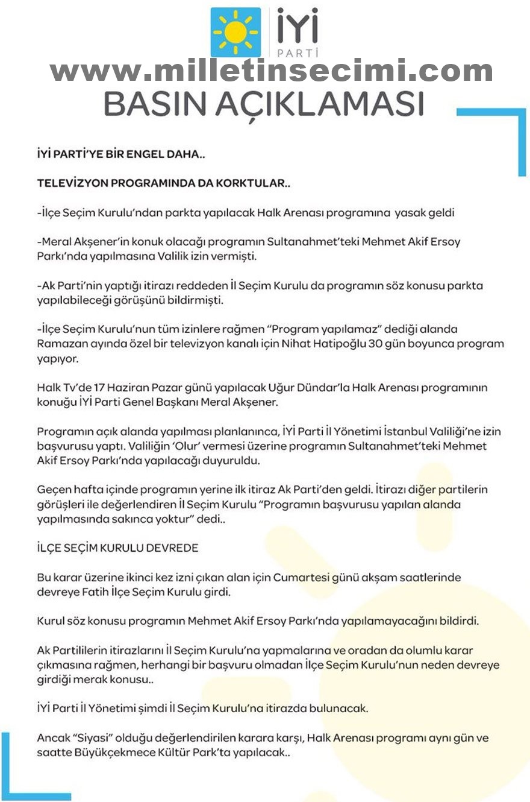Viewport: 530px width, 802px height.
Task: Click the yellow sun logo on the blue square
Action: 235,32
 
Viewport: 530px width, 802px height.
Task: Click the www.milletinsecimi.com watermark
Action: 271,72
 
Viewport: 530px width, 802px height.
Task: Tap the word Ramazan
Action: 58,344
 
